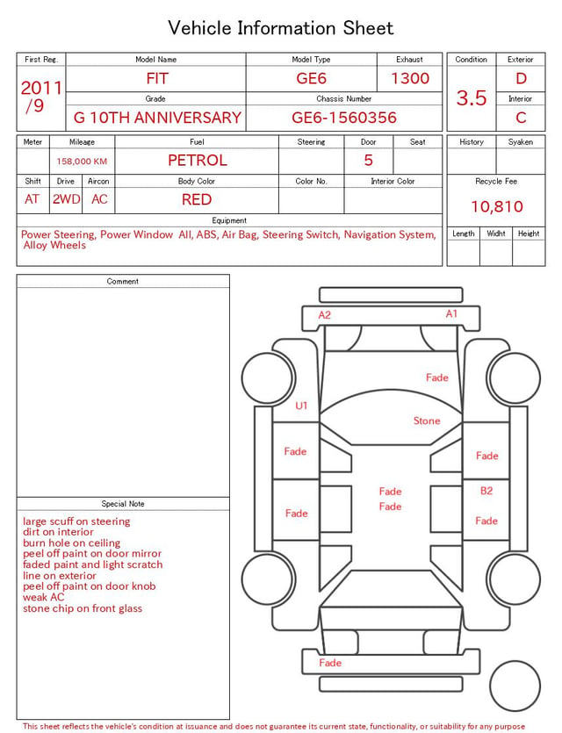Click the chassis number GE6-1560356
[x=344, y=118]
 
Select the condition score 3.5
[x=472, y=97]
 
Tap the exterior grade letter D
[x=521, y=78]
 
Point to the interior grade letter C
[x=521, y=118]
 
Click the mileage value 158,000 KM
[x=82, y=162]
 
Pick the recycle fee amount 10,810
[x=496, y=206]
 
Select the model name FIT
[x=157, y=78]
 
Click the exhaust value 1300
[x=410, y=78]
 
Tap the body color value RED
[x=197, y=199]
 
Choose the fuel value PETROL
[x=198, y=161]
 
